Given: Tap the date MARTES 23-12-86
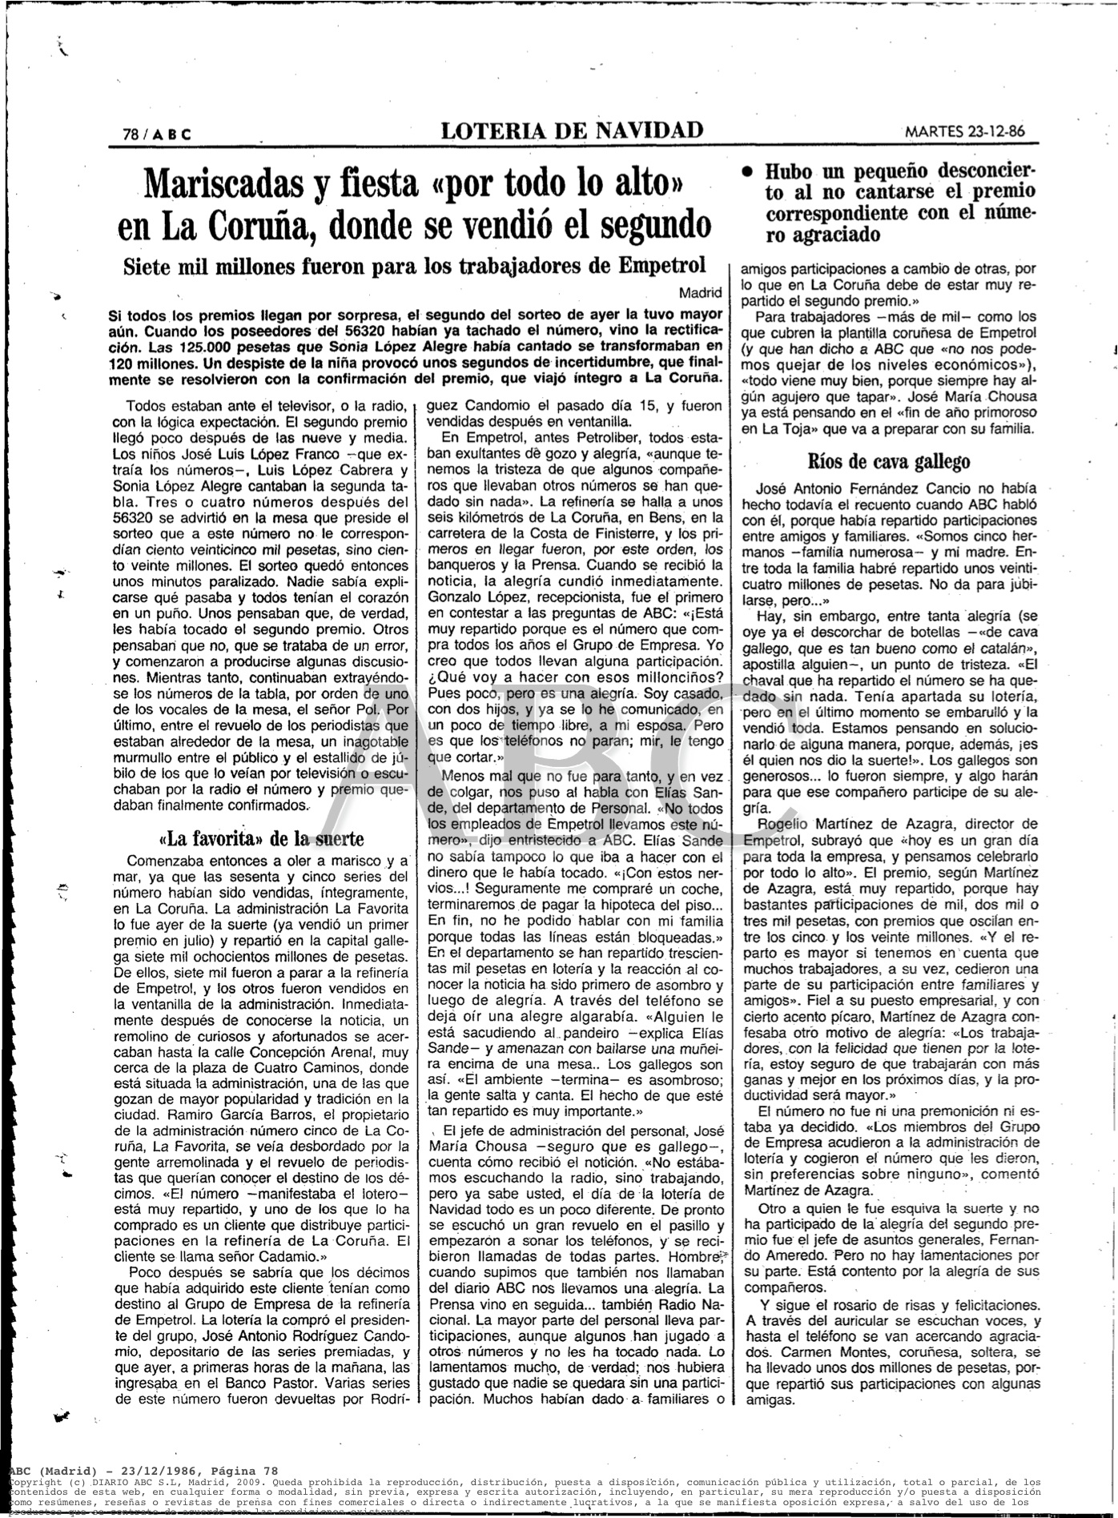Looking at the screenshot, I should [969, 132].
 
